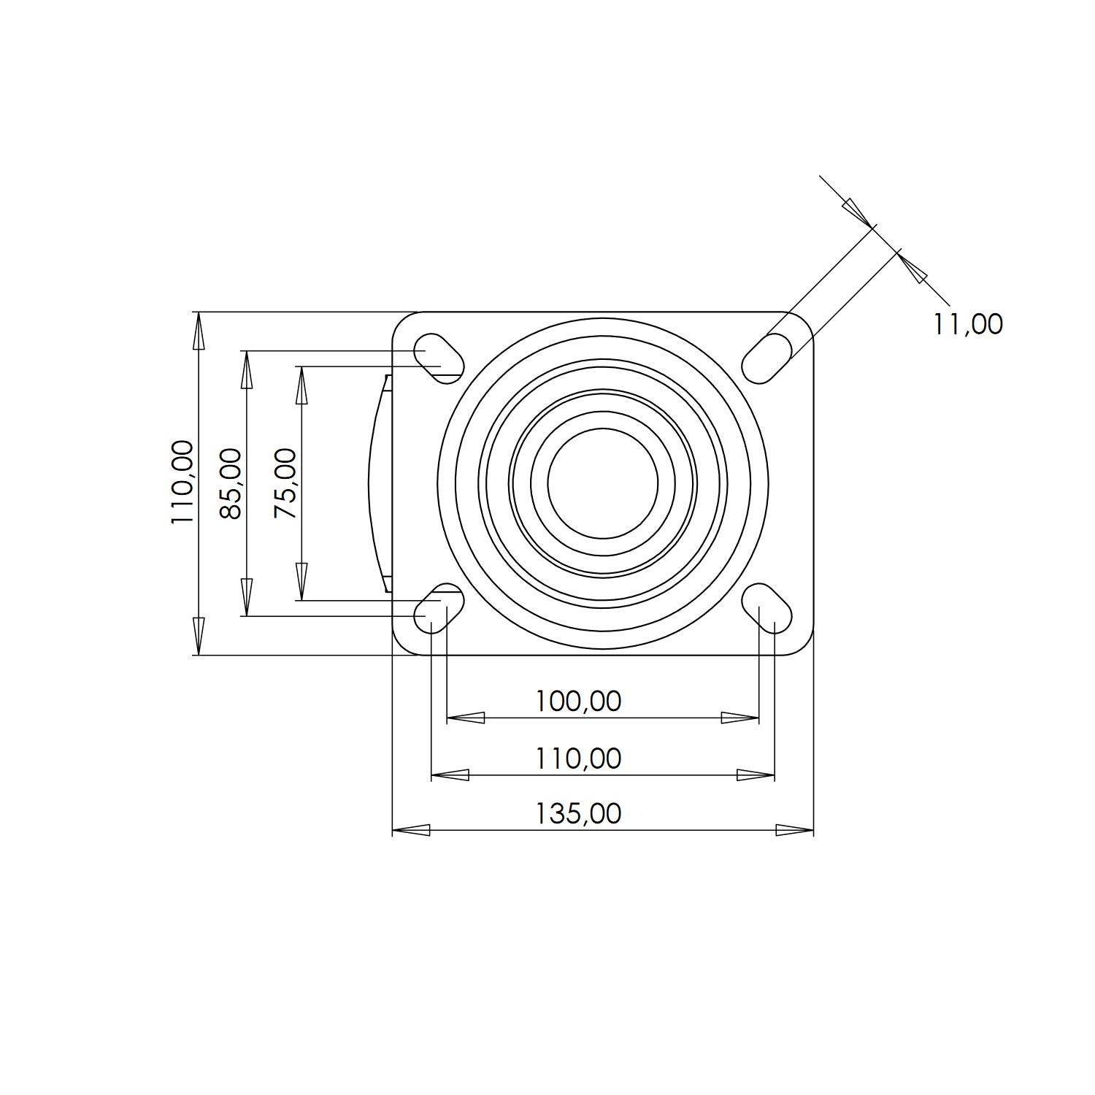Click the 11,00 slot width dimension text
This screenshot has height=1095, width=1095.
pyautogui.click(x=968, y=323)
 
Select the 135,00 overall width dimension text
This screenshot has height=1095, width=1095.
pyautogui.click(x=578, y=813)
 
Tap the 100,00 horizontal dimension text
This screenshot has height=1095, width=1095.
pyautogui.click(x=578, y=701)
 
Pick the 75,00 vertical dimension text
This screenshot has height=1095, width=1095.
pyautogui.click(x=285, y=483)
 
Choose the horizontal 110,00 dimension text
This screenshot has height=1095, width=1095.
pyautogui.click(x=578, y=758)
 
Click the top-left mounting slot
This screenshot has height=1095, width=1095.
pyautogui.click(x=439, y=358)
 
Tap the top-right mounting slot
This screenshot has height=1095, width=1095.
pyautogui.click(x=767, y=358)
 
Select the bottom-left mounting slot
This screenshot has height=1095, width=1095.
pyautogui.click(x=439, y=608)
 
